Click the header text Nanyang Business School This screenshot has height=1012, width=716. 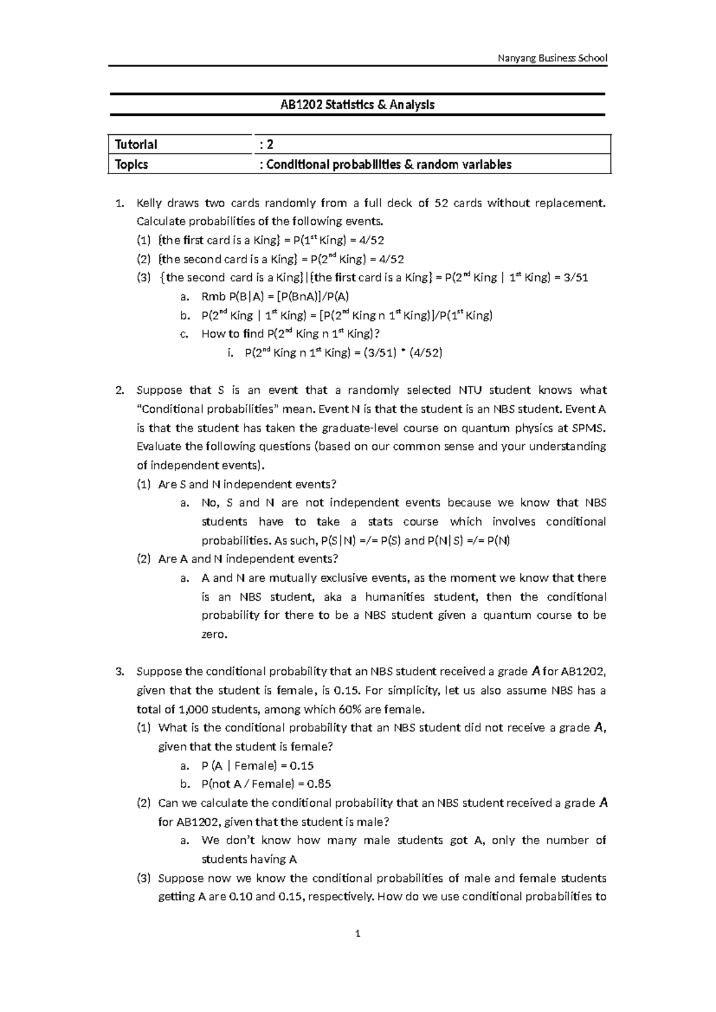pyautogui.click(x=552, y=58)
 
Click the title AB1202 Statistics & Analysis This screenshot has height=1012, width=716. pyautogui.click(x=357, y=105)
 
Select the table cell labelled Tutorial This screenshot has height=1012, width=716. pyautogui.click(x=136, y=145)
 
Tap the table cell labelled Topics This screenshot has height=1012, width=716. pyautogui.click(x=132, y=165)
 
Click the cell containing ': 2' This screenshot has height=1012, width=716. pyautogui.click(x=267, y=145)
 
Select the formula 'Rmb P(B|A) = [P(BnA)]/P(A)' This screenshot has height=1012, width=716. pyautogui.click(x=276, y=297)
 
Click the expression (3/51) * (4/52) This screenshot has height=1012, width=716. pyautogui.click(x=403, y=353)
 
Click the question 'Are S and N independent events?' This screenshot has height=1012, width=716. pyautogui.click(x=247, y=484)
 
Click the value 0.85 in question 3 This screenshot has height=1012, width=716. pyautogui.click(x=319, y=784)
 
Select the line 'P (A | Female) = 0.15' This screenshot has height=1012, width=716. pyautogui.click(x=258, y=766)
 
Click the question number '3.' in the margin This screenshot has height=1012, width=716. pyautogui.click(x=119, y=672)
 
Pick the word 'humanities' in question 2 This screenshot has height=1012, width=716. pyautogui.click(x=395, y=597)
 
